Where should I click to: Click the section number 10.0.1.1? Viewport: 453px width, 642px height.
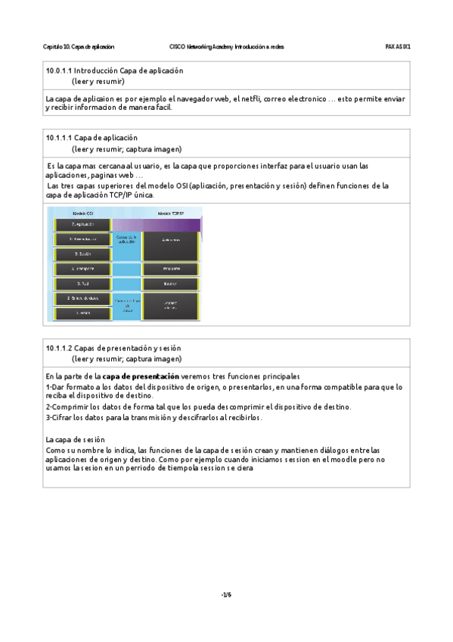[x=58, y=70]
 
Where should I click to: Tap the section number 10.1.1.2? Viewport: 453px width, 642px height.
[x=58, y=347]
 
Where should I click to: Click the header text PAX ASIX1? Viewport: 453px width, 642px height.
[x=398, y=47]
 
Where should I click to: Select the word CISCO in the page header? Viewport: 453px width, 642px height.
[x=178, y=47]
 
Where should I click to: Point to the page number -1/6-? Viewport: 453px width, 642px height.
[x=226, y=594]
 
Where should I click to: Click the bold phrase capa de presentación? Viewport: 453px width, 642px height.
[x=141, y=376]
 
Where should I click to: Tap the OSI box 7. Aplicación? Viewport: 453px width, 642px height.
[x=83, y=225]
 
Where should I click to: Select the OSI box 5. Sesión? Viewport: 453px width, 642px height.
[x=83, y=254]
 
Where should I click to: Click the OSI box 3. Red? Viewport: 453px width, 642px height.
[x=83, y=284]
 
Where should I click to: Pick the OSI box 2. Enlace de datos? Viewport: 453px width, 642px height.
[x=83, y=298]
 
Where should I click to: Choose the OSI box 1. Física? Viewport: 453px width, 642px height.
[x=83, y=312]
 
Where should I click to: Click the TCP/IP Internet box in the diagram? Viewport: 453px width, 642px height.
[x=170, y=284]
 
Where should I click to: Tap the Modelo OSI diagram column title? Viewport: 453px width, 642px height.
[x=83, y=213]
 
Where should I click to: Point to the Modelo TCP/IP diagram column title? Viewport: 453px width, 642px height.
[x=170, y=213]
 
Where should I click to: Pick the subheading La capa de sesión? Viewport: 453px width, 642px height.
[x=75, y=439]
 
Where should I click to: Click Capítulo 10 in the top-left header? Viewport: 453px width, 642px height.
[x=57, y=47]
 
